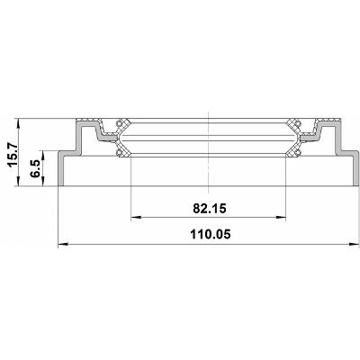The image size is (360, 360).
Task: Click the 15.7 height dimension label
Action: point(13,154)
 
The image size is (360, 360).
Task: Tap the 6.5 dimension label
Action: point(35,168)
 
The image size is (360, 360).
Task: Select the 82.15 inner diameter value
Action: point(209,208)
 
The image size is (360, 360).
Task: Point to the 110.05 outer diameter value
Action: point(211,234)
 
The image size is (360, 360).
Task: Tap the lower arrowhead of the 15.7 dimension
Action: point(19,182)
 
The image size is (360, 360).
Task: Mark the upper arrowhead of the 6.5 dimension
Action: point(44,156)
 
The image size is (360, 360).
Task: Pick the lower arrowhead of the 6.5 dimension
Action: point(44,182)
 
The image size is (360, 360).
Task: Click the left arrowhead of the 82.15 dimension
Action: point(136,217)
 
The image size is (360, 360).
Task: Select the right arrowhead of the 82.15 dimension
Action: point(281,217)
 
